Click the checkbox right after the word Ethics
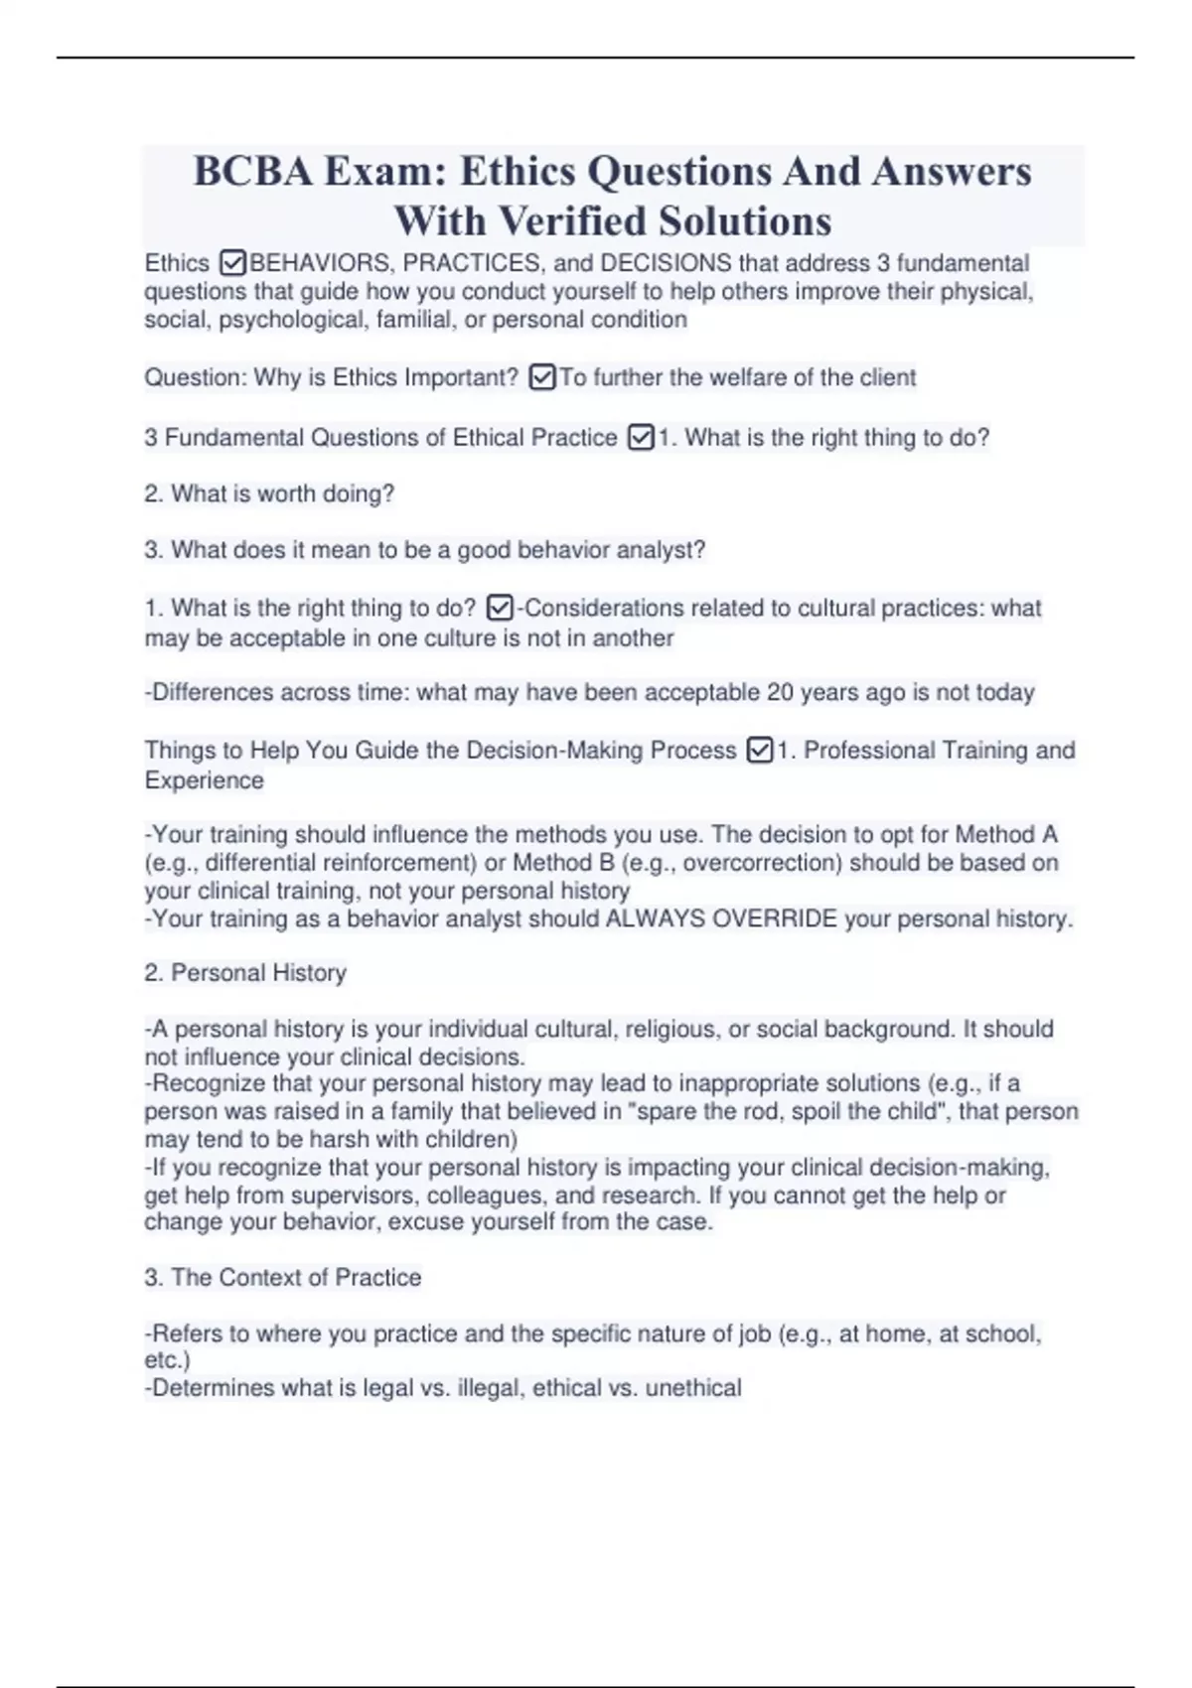pyautogui.click(x=232, y=263)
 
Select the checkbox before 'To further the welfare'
pyautogui.click(x=542, y=378)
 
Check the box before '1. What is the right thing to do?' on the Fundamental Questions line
pyautogui.click(x=641, y=438)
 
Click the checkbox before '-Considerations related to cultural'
pyautogui.click(x=502, y=608)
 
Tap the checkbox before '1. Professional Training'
pyautogui.click(x=759, y=751)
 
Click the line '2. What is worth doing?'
pyautogui.click(x=269, y=493)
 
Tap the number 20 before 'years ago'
pyautogui.click(x=781, y=692)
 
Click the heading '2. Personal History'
pyautogui.click(x=245, y=973)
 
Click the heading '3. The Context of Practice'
pyautogui.click(x=283, y=1277)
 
